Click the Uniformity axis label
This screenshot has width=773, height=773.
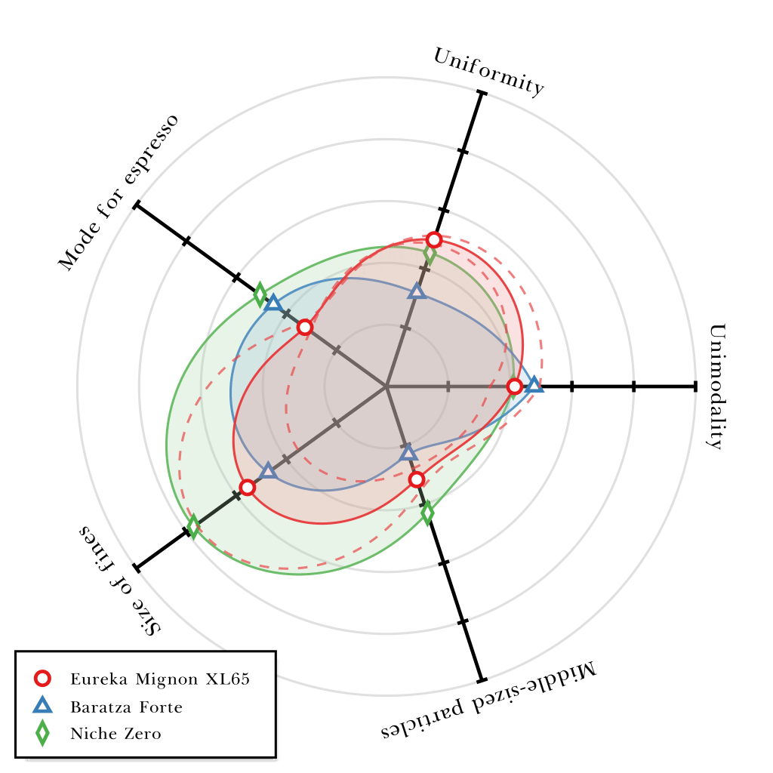pos(488,72)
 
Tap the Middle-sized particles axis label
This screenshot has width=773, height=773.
pos(488,701)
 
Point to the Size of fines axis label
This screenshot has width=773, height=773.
pos(121,580)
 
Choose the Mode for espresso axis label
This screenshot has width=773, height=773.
pos(119,193)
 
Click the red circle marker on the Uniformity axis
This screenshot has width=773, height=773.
pos(433,240)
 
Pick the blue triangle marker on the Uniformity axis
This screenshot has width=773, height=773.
pos(417,291)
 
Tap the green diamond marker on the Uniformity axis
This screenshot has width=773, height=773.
pos(430,254)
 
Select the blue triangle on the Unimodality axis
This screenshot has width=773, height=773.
pos(534,385)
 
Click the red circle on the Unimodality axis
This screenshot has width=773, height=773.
pos(514,386)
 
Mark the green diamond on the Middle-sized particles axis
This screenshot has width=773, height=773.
pos(427,513)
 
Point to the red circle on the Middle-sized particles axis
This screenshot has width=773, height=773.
pos(416,479)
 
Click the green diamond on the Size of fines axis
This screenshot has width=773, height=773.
pos(193,526)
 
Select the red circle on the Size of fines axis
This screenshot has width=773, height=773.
pos(247,488)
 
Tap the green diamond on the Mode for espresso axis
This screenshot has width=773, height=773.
pos(260,294)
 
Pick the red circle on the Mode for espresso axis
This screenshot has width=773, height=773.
pos(304,327)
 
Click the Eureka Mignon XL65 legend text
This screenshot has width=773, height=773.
pos(160,679)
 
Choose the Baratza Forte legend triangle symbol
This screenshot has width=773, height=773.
pos(43,707)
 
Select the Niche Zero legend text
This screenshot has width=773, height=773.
pos(115,734)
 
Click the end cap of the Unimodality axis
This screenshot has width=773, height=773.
pos(694,386)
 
